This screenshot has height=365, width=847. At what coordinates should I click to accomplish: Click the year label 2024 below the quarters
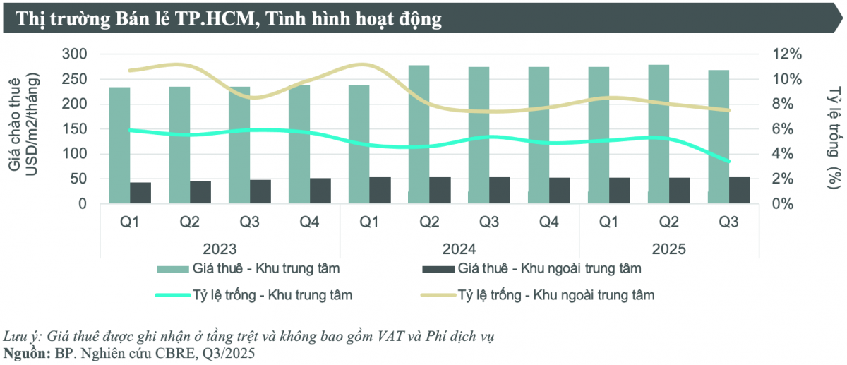(x=459, y=249)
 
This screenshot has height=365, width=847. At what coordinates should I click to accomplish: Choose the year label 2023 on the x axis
(x=220, y=249)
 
